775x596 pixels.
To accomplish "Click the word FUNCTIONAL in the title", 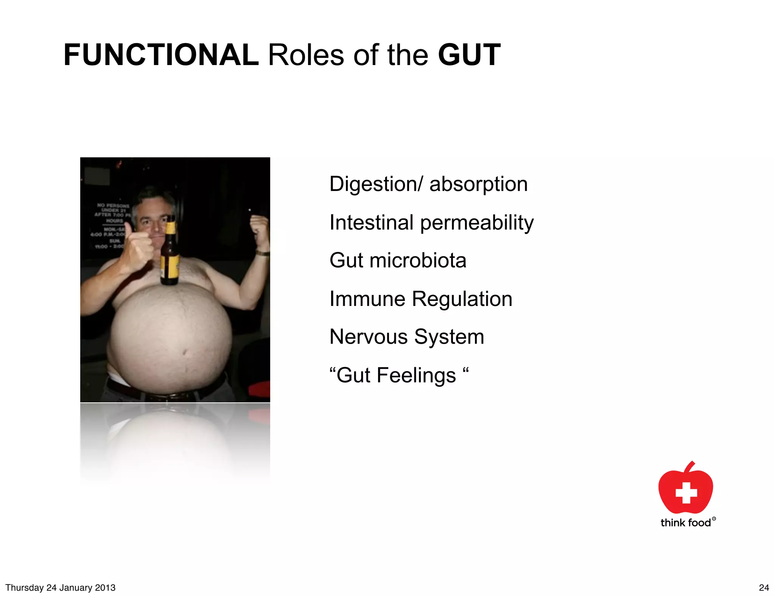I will click(161, 55).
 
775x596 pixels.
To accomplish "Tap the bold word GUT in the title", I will click(469, 55).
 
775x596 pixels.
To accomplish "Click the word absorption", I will click(478, 185).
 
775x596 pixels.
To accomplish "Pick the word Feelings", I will click(416, 376).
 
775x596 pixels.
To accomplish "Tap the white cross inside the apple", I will click(686, 493).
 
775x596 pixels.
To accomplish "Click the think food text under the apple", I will click(686, 523).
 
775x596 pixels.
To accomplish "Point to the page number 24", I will click(764, 588).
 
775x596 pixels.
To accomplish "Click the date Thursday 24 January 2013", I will click(61, 588).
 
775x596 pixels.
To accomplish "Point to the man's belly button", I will click(185, 352).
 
